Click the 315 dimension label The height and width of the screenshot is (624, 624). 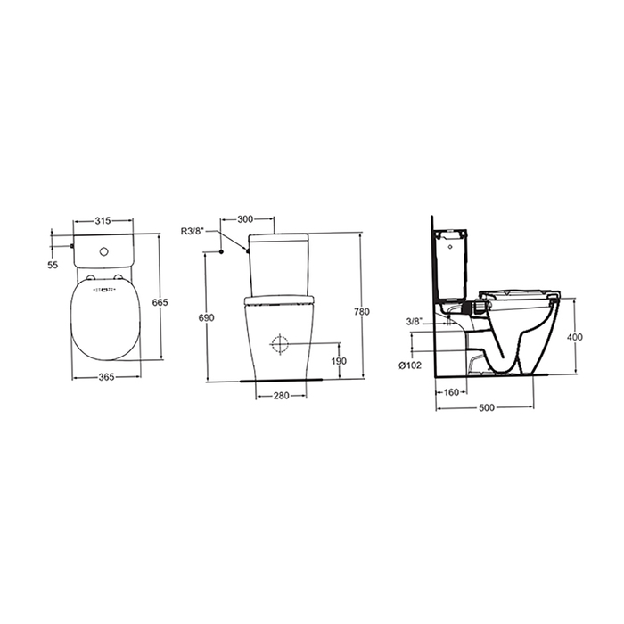click(x=103, y=220)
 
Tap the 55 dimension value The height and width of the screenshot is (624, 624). click(x=53, y=265)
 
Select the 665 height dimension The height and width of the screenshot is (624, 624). click(x=160, y=302)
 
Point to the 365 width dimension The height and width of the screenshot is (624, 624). click(x=106, y=376)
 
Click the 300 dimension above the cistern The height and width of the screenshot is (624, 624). click(x=245, y=219)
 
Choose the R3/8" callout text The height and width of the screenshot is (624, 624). click(x=193, y=231)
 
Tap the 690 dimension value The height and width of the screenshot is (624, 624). click(x=207, y=317)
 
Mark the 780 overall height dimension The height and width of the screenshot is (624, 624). click(x=362, y=312)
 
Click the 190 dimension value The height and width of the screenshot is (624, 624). click(x=339, y=361)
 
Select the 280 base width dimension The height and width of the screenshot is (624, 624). click(x=282, y=396)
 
